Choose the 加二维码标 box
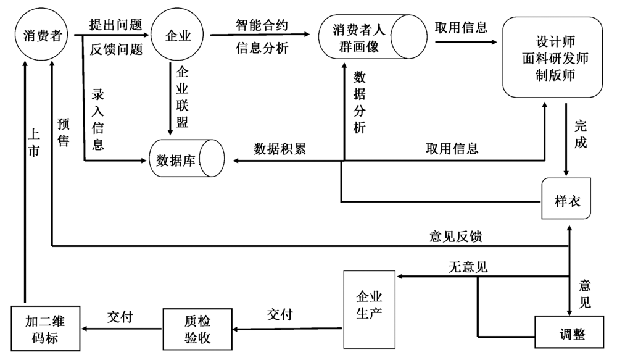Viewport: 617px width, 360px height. (x=47, y=330)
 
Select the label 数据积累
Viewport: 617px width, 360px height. (x=280, y=149)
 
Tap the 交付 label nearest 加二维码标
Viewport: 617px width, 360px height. (x=120, y=316)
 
